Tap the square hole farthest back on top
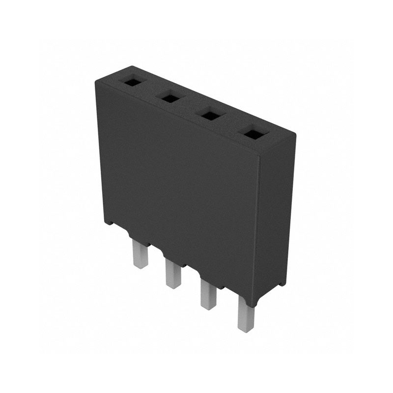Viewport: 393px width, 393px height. (132, 82)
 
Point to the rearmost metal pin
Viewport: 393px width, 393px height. (140, 254)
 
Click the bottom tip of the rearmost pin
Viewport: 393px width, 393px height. (140, 266)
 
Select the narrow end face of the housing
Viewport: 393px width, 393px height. (277, 216)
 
